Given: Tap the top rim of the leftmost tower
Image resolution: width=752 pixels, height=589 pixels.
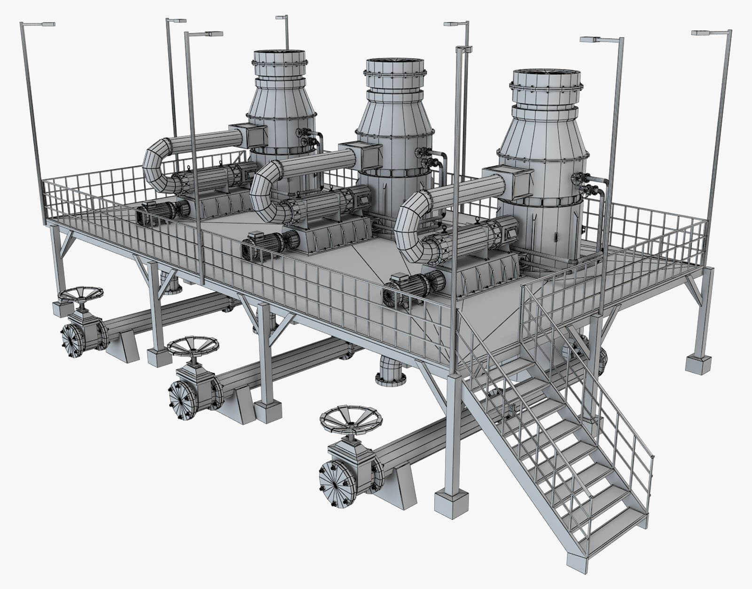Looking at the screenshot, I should (281, 55).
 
